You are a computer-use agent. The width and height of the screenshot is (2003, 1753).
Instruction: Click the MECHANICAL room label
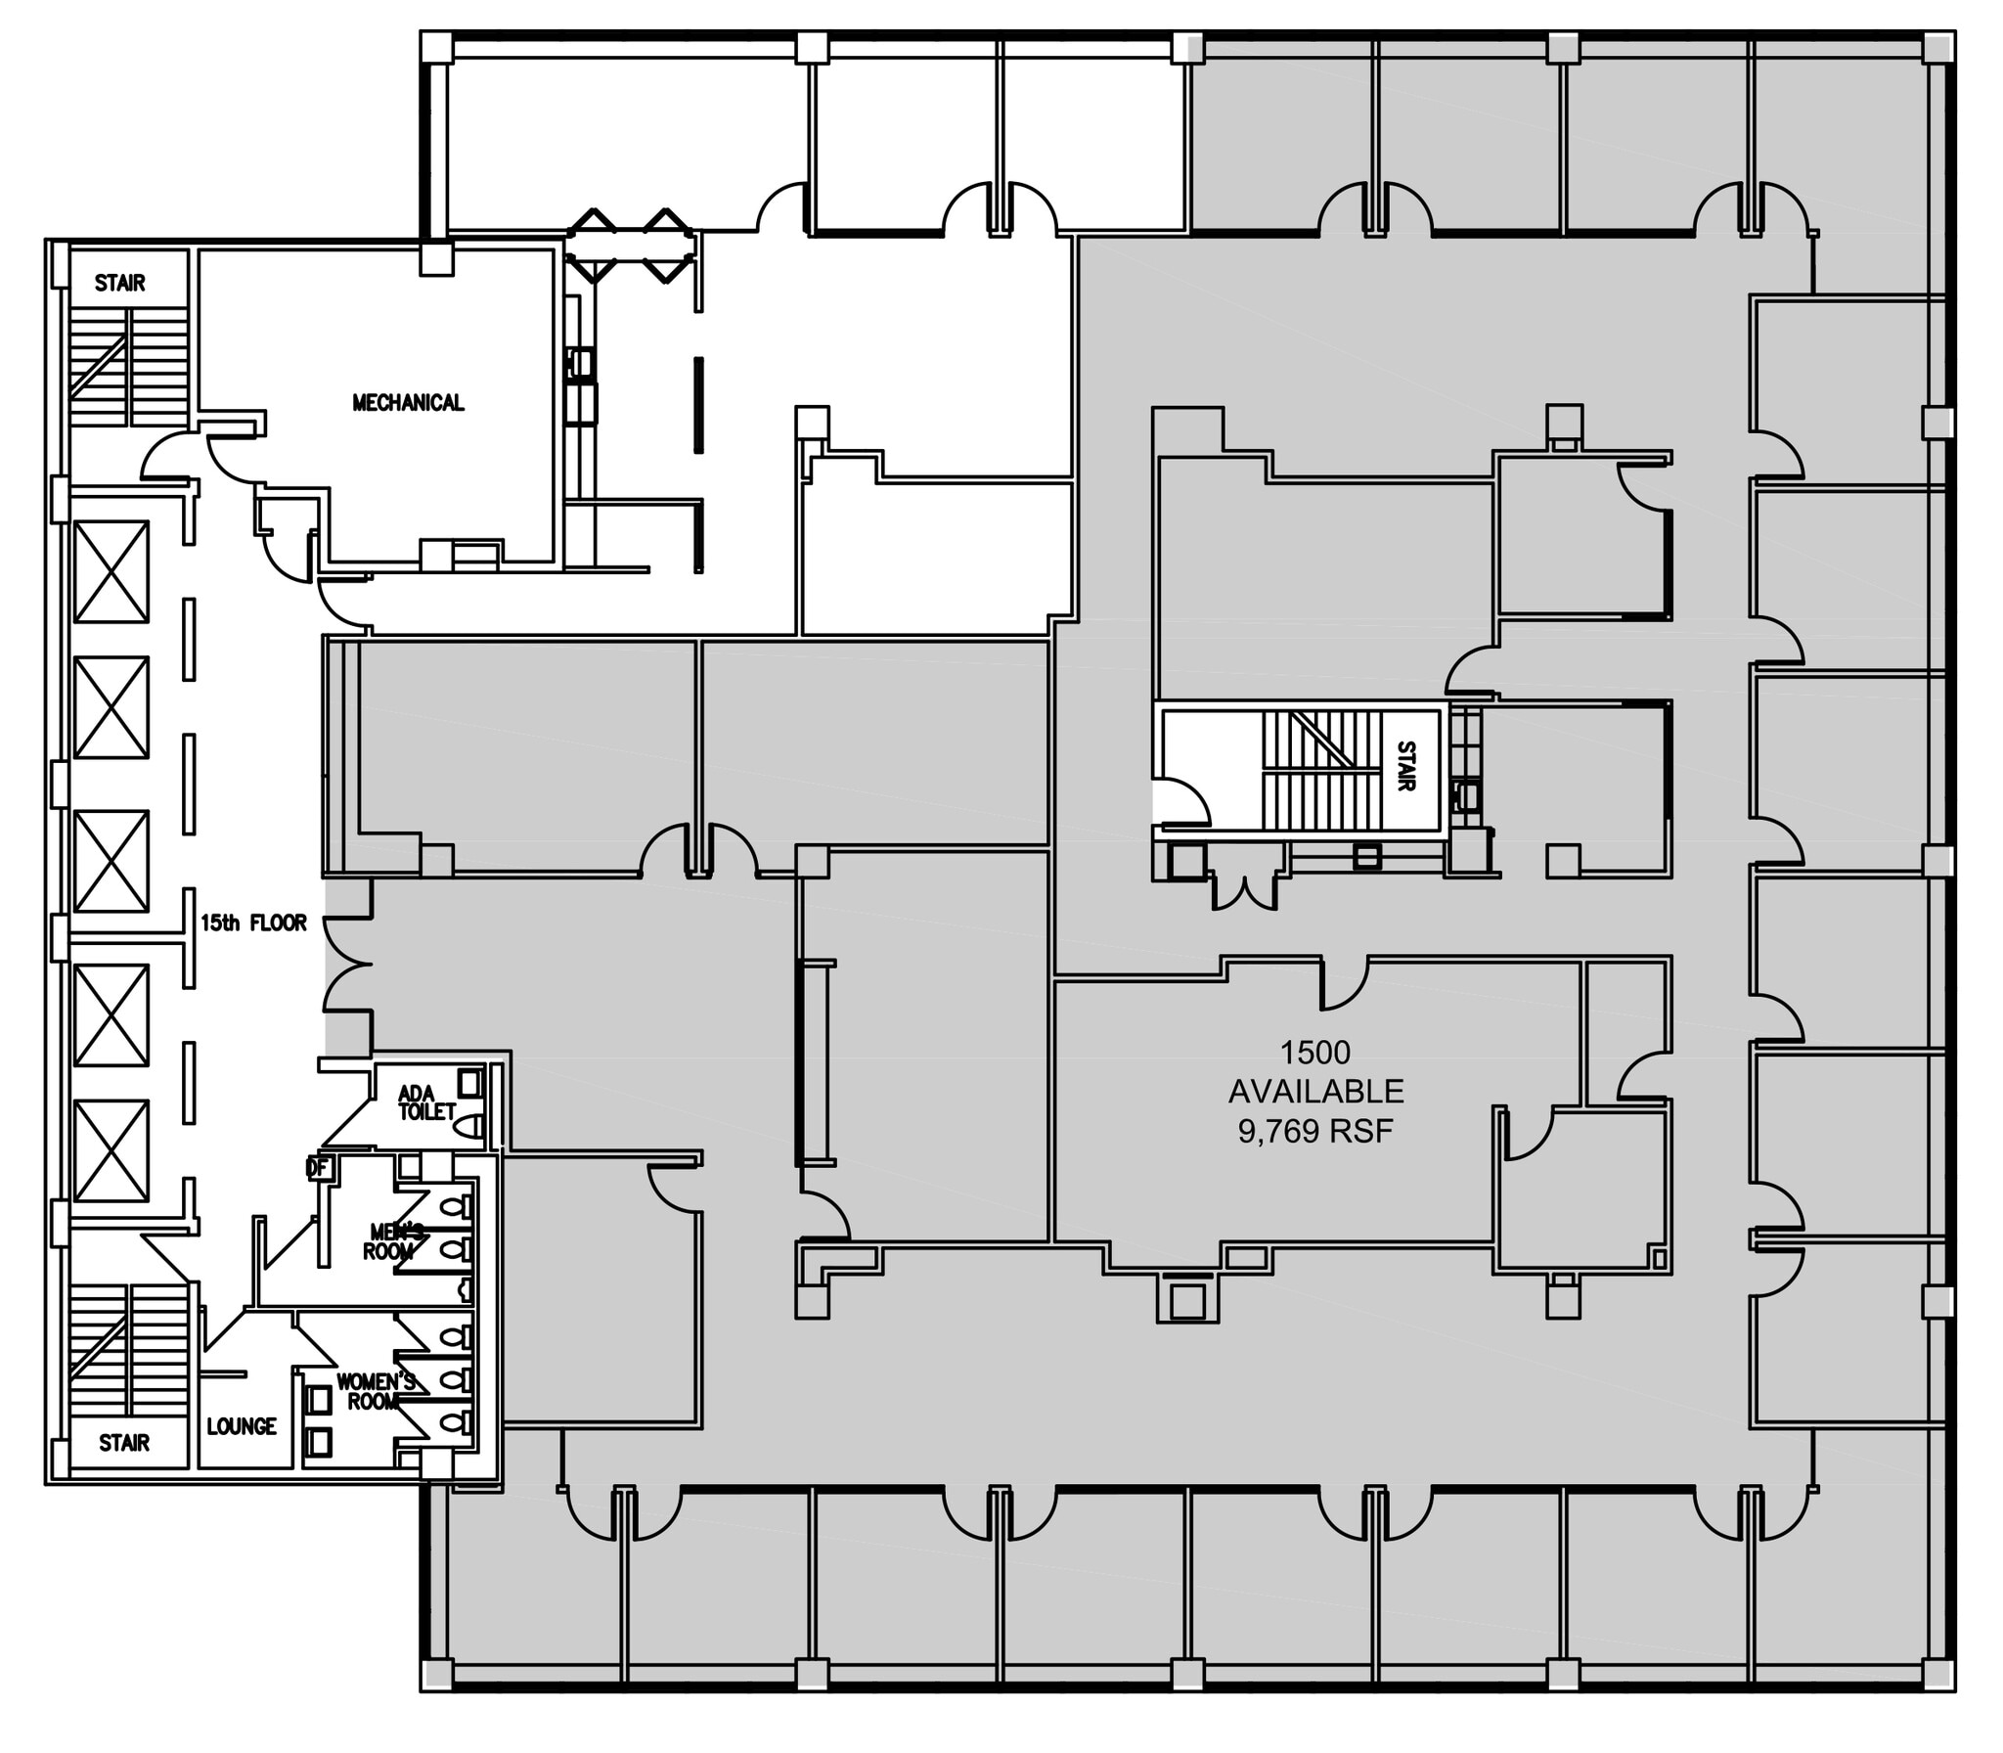point(408,402)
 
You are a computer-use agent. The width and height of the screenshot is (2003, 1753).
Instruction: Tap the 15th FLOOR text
point(253,922)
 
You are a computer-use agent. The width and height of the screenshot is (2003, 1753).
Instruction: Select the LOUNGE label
point(242,1426)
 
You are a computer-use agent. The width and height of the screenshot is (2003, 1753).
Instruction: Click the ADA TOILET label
point(426,1102)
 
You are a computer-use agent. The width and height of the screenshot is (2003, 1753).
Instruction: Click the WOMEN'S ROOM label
point(376,1391)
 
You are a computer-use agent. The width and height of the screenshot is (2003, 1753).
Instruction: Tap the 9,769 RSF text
point(1314,1131)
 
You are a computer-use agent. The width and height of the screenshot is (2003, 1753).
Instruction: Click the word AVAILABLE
point(1314,1091)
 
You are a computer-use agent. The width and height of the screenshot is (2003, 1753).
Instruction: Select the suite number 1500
point(1314,1052)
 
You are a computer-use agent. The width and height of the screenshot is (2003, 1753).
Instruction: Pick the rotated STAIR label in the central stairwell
point(1405,766)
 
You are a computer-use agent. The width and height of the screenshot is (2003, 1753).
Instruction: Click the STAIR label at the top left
point(119,283)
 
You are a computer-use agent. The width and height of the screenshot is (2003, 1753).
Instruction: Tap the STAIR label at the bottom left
point(124,1443)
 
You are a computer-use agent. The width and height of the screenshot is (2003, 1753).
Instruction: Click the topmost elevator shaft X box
point(111,571)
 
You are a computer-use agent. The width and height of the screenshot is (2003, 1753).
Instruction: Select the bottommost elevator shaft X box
point(111,1150)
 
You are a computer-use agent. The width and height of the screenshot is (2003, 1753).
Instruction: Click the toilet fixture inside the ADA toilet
point(472,1125)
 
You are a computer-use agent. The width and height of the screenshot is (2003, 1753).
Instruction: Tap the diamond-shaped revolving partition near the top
point(631,246)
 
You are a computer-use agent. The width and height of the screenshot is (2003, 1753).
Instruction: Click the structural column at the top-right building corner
point(1937,48)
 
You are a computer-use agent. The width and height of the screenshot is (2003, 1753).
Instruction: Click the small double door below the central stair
point(1244,890)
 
